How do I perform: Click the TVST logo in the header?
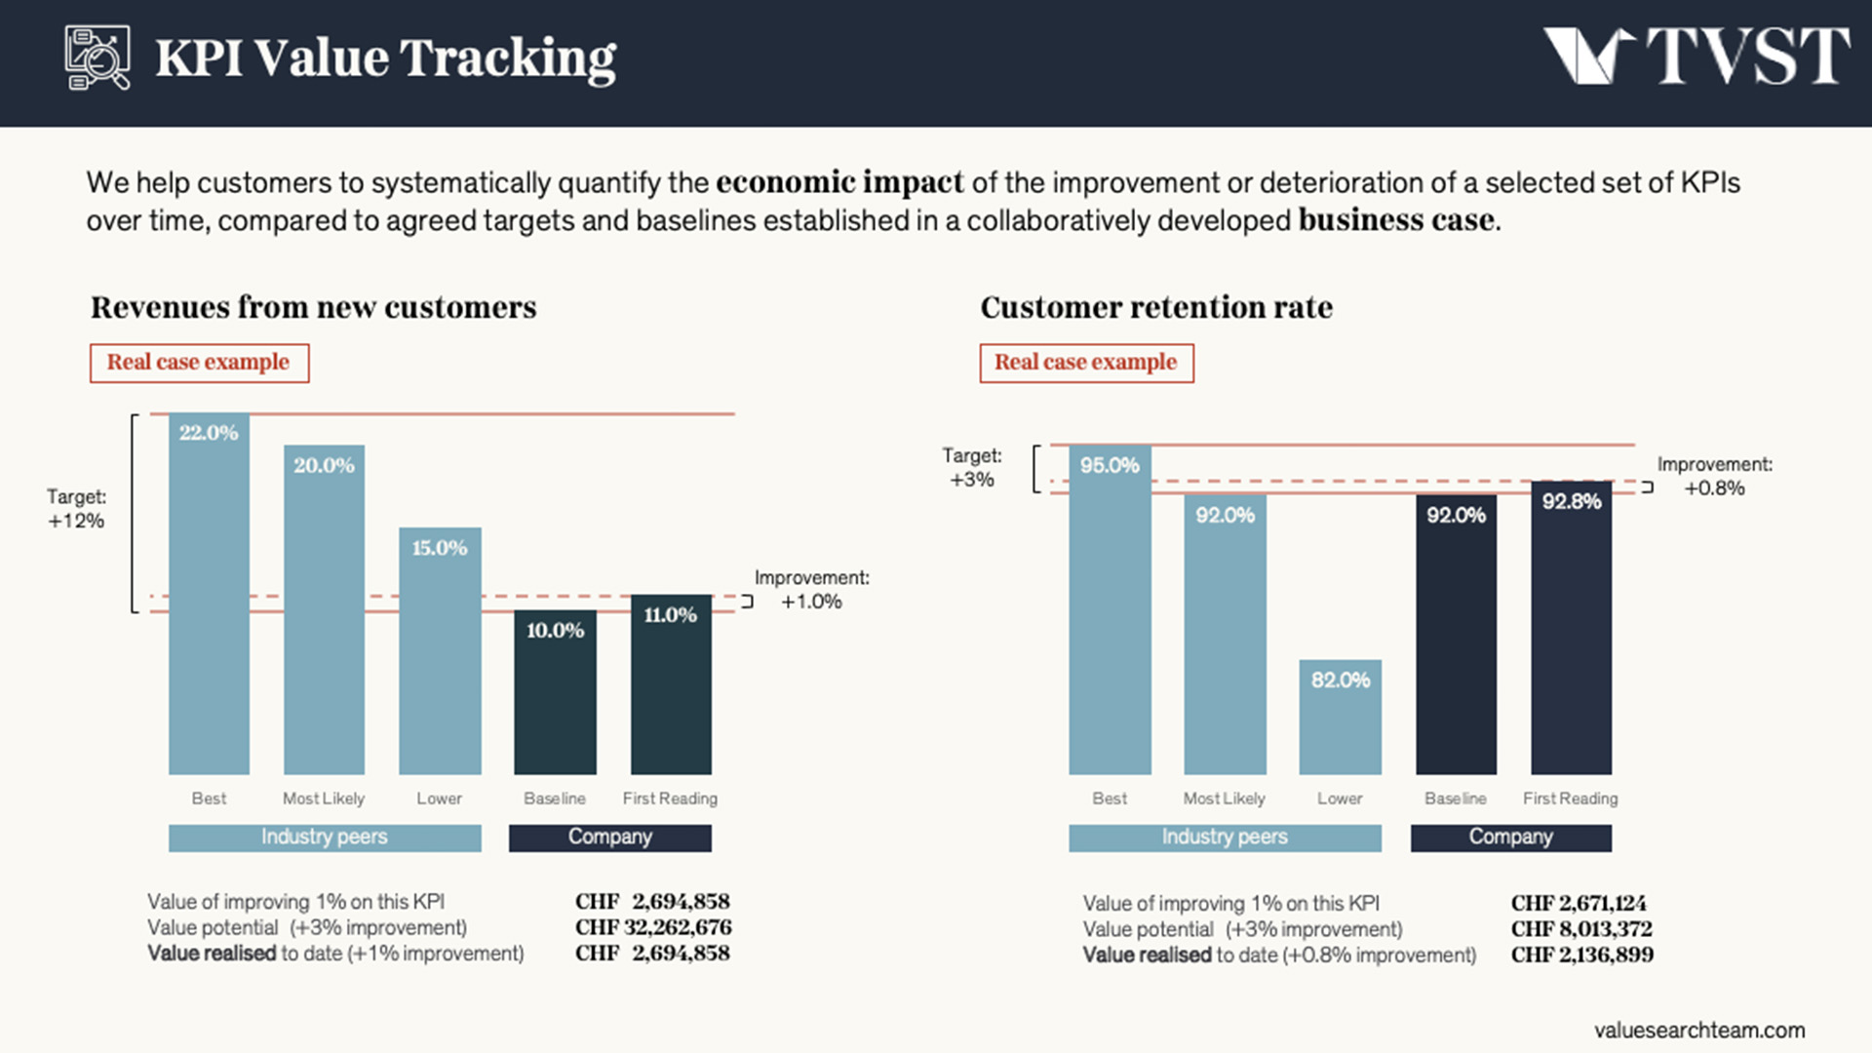click(x=1696, y=56)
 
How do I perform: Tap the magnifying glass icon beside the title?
click(x=97, y=58)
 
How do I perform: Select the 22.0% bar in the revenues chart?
click(x=209, y=595)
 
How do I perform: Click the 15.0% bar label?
click(x=440, y=548)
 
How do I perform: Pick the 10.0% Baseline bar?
click(x=555, y=692)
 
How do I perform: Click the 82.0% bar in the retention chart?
click(x=1340, y=718)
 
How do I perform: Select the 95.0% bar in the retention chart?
click(x=1110, y=610)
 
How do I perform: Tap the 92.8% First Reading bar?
click(x=1571, y=628)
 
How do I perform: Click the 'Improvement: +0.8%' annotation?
click(x=1714, y=477)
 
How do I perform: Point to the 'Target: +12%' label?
click(x=76, y=509)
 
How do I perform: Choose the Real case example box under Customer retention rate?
click(x=1086, y=363)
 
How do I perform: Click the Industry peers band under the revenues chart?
click(x=325, y=838)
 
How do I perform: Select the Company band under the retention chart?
click(x=1510, y=838)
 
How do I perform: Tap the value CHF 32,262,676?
click(x=652, y=927)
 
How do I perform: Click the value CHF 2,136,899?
click(x=1581, y=955)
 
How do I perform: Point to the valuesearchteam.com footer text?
click(x=1699, y=1030)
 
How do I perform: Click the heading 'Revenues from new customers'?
click(x=313, y=307)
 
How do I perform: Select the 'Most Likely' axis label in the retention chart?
click(x=1224, y=799)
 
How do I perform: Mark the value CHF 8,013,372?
click(x=1581, y=929)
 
